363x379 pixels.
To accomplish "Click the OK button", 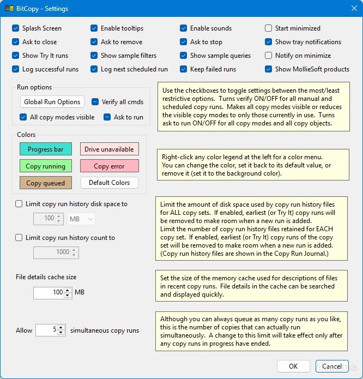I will pyautogui.click(x=293, y=366).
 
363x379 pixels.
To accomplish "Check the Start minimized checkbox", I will pyautogui.click(x=269, y=28).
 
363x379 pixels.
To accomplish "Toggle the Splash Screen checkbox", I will pyautogui.click(x=16, y=28).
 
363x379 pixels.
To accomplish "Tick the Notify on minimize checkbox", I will pyautogui.click(x=269, y=56).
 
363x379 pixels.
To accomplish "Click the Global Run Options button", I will pyautogui.click(x=52, y=102).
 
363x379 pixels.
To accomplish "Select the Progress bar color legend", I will pyautogui.click(x=46, y=149).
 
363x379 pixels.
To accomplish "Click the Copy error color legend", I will pyautogui.click(x=109, y=166).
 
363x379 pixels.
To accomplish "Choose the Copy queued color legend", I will pyautogui.click(x=46, y=183).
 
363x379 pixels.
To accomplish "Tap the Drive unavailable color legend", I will pyautogui.click(x=109, y=149).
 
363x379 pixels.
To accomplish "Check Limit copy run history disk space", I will pyautogui.click(x=20, y=204).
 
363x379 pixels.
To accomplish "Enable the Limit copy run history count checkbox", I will pyautogui.click(x=20, y=238).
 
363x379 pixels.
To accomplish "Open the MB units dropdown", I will pyautogui.click(x=82, y=219).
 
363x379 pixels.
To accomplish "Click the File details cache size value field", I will pyautogui.click(x=49, y=293).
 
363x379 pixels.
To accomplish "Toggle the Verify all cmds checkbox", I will pyautogui.click(x=95, y=101).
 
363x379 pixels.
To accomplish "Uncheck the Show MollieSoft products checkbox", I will pyautogui.click(x=269, y=69).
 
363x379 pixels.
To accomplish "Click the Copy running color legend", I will pyautogui.click(x=46, y=166).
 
